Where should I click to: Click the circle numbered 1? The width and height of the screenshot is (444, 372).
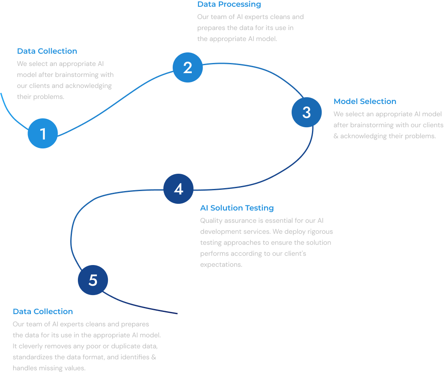coord(43,134)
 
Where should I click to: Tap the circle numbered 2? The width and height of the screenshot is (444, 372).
coord(188,68)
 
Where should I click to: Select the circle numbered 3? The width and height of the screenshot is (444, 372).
coord(306,112)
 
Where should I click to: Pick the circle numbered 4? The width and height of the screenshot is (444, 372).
coord(178,189)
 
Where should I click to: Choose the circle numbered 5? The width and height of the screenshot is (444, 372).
coord(93,280)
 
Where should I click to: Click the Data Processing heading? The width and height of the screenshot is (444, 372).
coord(229,5)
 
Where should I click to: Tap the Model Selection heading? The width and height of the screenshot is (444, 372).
coord(365,101)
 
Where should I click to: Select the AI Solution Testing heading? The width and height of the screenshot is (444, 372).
coord(237,208)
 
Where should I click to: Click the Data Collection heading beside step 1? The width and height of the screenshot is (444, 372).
coord(47,51)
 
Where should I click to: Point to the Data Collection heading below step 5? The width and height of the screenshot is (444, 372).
coord(43,312)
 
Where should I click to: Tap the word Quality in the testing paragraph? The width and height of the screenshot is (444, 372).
coord(211,221)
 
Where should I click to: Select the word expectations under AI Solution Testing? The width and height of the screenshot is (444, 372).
coord(221,265)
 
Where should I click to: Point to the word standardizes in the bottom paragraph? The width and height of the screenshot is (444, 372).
coord(33,357)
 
